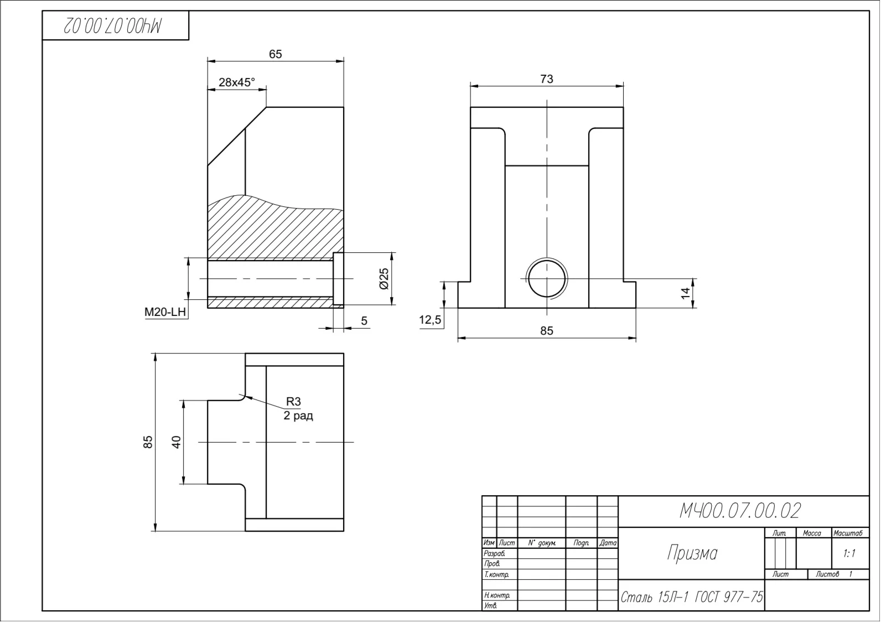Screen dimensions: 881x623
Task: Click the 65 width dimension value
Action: (276, 54)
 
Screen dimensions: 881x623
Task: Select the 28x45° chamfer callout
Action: (237, 82)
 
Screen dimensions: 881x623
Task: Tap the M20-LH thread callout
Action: (165, 312)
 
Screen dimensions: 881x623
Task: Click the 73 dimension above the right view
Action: (547, 79)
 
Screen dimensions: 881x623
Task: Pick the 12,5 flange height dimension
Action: (431, 320)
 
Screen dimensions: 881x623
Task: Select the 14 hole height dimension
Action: (685, 293)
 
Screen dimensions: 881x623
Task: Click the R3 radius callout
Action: (293, 401)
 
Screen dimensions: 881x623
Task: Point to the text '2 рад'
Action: (298, 416)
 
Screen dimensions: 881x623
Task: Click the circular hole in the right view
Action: (547, 279)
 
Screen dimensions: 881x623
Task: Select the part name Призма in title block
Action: (692, 553)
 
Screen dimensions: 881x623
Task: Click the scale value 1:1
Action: (849, 553)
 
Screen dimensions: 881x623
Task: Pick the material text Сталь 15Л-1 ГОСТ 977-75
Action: (692, 597)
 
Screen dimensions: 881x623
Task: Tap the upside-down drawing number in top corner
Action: (112, 25)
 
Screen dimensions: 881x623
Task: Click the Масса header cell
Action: (812, 533)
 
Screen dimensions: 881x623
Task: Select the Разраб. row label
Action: (494, 553)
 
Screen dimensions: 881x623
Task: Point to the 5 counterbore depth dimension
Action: (364, 321)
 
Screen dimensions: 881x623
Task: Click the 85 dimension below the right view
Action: (547, 331)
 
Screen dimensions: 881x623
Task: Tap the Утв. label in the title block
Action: (490, 606)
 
